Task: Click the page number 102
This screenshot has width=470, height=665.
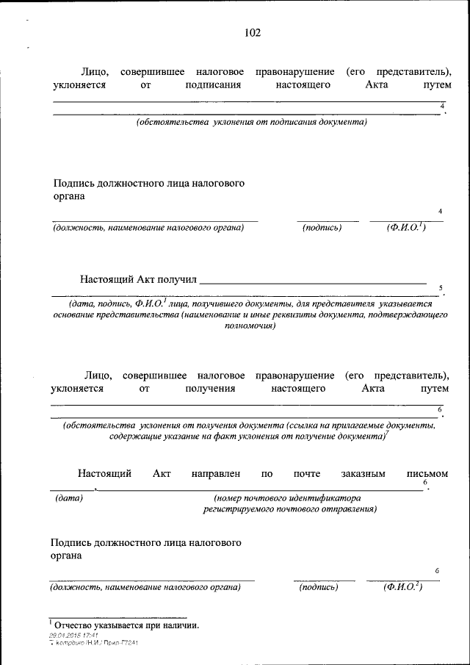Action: [251, 32]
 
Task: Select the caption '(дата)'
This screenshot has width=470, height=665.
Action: [69, 497]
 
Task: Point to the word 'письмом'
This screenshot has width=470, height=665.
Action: [427, 474]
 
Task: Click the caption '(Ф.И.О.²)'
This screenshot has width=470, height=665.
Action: [402, 587]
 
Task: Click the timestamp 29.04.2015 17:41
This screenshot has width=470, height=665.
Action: [73, 635]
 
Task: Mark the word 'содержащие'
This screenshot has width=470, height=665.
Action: [134, 436]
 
